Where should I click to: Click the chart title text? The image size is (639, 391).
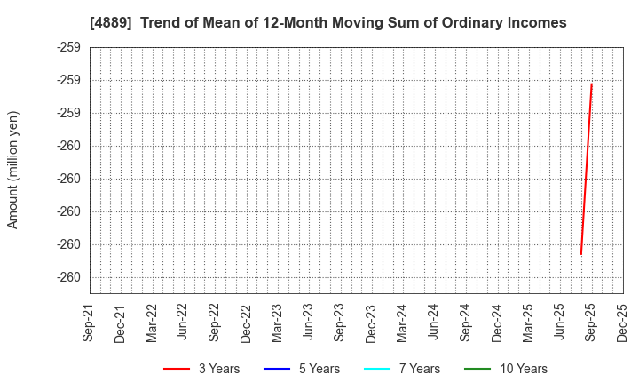(327, 22)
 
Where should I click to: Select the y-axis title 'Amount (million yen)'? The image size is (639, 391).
(13, 170)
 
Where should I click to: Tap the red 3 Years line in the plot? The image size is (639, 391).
(587, 169)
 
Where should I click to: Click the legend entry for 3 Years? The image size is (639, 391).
(201, 369)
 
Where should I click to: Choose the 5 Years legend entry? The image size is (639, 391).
(302, 369)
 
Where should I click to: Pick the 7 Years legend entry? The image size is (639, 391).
(402, 369)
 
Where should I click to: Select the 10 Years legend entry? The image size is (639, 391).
(507, 369)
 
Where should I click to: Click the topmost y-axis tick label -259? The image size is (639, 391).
(69, 47)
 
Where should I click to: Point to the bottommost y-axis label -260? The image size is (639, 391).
(69, 277)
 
